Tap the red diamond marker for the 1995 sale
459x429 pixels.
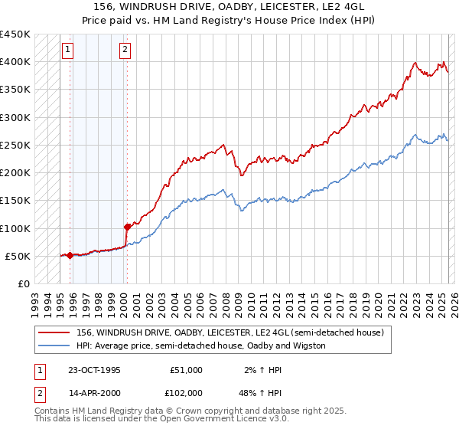pyautogui.click(x=70, y=255)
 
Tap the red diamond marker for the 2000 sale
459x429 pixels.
pyautogui.click(x=127, y=227)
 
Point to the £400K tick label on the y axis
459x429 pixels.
pyautogui.click(x=15, y=62)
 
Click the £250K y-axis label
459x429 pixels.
pyautogui.click(x=15, y=145)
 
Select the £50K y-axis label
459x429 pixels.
pyautogui.click(x=18, y=256)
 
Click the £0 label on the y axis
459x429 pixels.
pyautogui.click(x=24, y=283)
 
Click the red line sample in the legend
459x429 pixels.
pyautogui.click(x=55, y=332)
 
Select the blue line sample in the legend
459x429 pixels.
pyautogui.click(x=55, y=345)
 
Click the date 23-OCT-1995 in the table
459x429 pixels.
pyautogui.click(x=94, y=370)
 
